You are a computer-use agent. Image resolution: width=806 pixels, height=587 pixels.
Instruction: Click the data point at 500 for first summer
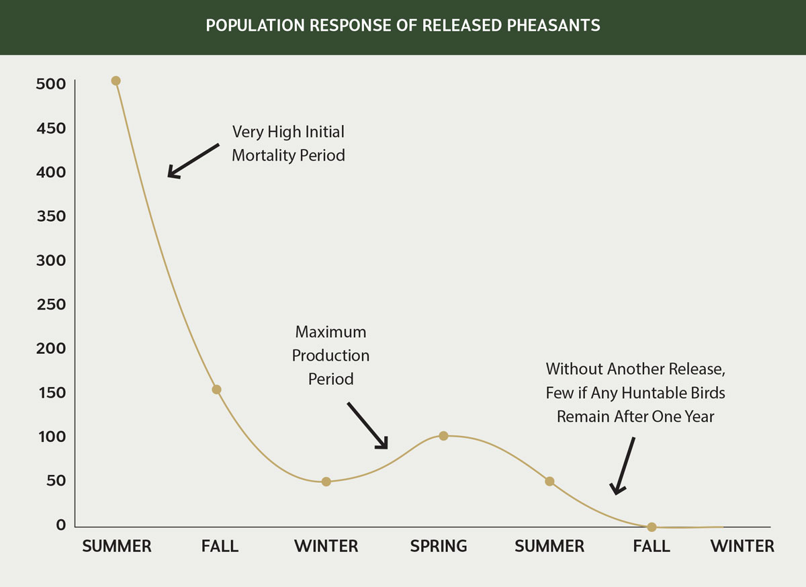coord(116,81)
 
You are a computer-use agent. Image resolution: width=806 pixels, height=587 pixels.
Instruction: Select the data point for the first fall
coord(216,390)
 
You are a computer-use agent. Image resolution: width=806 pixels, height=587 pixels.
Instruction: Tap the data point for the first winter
coord(326,482)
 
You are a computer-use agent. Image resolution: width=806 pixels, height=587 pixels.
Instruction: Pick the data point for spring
coord(443,436)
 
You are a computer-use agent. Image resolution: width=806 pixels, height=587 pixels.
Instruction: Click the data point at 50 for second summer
coord(549,482)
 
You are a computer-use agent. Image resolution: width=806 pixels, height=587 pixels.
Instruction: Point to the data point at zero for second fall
coord(652,527)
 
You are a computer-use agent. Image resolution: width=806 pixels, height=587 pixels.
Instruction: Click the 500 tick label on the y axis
coord(52,84)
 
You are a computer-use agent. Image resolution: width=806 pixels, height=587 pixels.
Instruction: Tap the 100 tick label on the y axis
coord(52,437)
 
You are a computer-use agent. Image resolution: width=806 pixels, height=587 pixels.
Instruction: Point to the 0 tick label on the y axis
coord(61,525)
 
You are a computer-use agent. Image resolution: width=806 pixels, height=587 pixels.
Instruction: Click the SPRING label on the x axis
coord(439,546)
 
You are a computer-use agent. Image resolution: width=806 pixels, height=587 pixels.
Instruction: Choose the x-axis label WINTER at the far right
coord(742,546)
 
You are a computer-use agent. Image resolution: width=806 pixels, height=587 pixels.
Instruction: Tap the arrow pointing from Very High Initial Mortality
coord(193,161)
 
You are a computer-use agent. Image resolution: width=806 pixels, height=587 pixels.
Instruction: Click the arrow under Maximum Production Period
coord(367,426)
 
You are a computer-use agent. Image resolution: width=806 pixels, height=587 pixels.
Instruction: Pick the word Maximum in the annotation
coord(330,332)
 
